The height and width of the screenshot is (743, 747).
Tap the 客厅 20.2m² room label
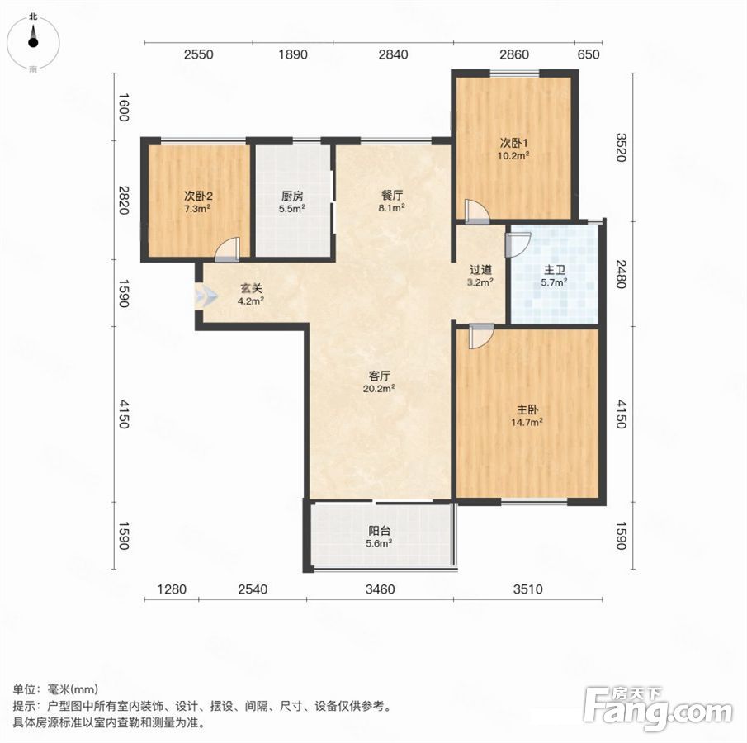pyautogui.click(x=379, y=381)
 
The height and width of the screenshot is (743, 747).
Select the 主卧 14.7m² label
pyautogui.click(x=527, y=415)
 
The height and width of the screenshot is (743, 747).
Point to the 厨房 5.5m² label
pyautogui.click(x=292, y=201)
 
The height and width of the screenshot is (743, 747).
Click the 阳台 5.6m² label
pyautogui.click(x=379, y=537)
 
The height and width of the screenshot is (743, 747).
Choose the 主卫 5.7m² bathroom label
pyautogui.click(x=554, y=277)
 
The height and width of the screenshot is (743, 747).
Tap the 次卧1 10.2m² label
pyautogui.click(x=514, y=149)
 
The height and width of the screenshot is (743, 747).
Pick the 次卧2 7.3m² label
pyautogui.click(x=198, y=201)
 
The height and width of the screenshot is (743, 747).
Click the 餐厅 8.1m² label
pyautogui.click(x=392, y=201)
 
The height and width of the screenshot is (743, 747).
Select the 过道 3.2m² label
pyautogui.click(x=480, y=276)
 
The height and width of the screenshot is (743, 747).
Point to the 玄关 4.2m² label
pyautogui.click(x=251, y=294)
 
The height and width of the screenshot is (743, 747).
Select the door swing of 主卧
pyautogui.click(x=481, y=337)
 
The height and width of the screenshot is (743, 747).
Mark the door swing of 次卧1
pyautogui.click(x=477, y=211)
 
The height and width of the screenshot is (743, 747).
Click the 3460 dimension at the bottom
pyautogui.click(x=381, y=589)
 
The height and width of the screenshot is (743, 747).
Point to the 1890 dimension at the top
pyautogui.click(x=293, y=54)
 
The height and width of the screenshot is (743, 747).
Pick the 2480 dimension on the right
pyautogui.click(x=620, y=273)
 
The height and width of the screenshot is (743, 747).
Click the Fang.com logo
pyautogui.click(x=658, y=708)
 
